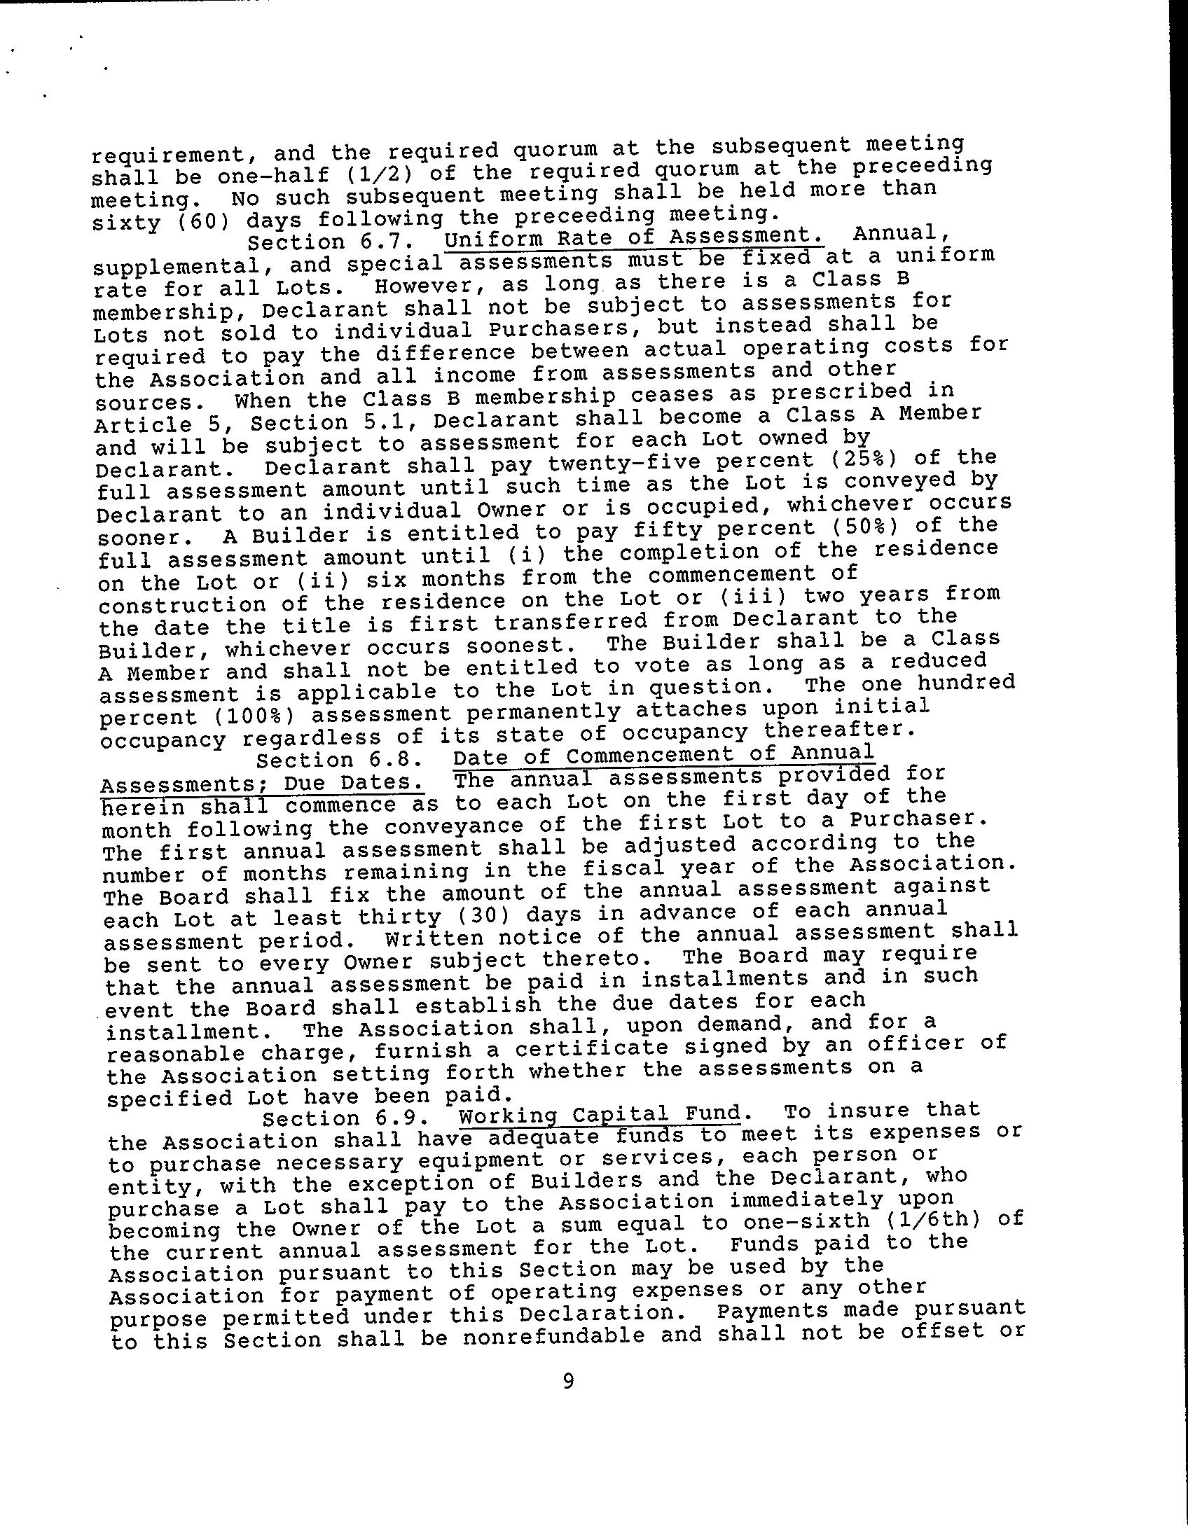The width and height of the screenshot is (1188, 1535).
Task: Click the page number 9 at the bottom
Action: point(568,1382)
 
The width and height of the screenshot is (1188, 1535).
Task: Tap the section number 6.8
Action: point(396,759)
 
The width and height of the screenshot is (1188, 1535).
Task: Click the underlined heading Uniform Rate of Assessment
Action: point(634,236)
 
